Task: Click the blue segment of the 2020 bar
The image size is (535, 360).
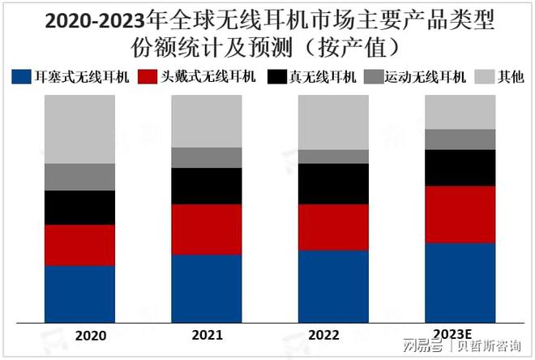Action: tap(79, 294)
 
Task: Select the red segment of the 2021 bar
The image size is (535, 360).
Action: tap(207, 229)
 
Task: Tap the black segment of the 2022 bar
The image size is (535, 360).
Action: tap(333, 183)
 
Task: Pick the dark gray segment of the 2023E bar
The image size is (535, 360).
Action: tap(460, 139)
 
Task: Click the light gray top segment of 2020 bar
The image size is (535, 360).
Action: tap(79, 129)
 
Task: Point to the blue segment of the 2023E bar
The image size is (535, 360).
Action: tap(460, 282)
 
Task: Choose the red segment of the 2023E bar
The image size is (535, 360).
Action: tap(460, 214)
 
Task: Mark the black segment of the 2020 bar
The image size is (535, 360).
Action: tap(79, 208)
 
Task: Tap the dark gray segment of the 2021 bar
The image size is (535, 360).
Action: tap(207, 157)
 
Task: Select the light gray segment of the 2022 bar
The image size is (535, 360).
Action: tap(333, 122)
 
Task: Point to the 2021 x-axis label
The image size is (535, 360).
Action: tap(208, 334)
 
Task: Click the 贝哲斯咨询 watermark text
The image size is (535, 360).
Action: tap(487, 347)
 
